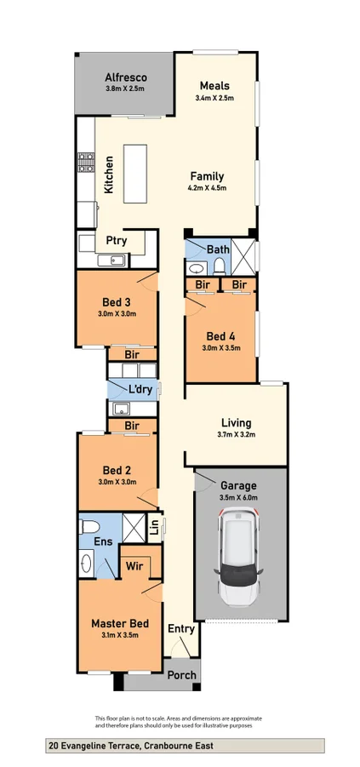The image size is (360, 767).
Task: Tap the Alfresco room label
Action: [126, 77]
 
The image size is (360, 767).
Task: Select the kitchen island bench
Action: [135, 174]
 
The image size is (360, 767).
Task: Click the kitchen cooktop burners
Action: [86, 163]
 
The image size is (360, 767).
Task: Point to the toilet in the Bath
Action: [219, 266]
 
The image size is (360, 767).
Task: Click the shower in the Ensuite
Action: [134, 528]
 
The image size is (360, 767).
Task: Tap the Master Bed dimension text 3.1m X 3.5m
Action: [120, 635]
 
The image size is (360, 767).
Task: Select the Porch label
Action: [182, 675]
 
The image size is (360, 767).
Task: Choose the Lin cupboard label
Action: [154, 528]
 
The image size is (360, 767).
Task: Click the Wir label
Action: [134, 566]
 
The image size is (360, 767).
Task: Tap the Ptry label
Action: [117, 241]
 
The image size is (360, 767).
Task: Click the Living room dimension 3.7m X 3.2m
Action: [237, 434]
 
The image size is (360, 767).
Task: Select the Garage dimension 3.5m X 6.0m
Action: [238, 497]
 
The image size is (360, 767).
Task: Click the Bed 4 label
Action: [220, 336]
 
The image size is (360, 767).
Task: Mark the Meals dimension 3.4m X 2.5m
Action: [214, 98]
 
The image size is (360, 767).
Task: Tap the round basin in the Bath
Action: [197, 268]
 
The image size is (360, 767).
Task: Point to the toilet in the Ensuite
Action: [89, 527]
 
